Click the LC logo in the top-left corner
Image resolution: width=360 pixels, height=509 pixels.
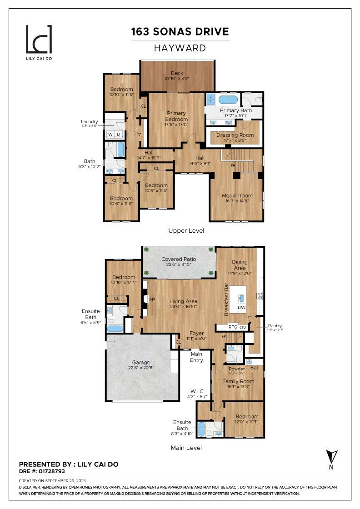(39, 40)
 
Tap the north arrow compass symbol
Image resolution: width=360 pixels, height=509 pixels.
(330, 457)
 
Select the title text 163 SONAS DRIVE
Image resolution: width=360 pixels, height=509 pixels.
(180, 32)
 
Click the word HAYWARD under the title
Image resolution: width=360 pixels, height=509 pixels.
(180, 48)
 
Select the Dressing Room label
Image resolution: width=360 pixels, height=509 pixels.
(235, 135)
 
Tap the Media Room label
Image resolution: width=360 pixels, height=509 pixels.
(237, 195)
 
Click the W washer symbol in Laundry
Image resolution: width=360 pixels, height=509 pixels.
(110, 135)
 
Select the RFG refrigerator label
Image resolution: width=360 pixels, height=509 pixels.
(233, 327)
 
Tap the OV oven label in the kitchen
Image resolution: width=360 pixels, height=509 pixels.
(243, 327)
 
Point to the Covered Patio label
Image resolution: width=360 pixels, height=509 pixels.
(179, 259)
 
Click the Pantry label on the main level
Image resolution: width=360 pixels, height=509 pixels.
(275, 325)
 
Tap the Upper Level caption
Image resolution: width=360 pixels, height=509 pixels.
(186, 230)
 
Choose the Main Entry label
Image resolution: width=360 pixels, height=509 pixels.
(196, 357)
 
